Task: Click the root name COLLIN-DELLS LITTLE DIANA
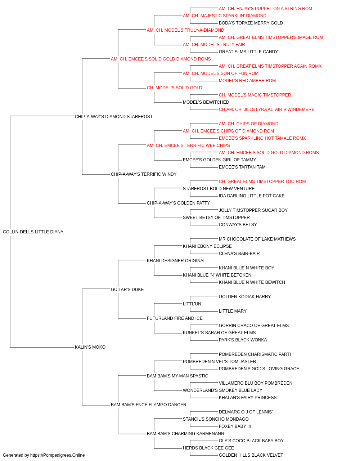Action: click(x=33, y=232)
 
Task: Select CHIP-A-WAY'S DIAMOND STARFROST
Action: click(x=114, y=117)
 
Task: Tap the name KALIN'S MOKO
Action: click(x=90, y=347)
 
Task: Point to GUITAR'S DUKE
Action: click(x=127, y=290)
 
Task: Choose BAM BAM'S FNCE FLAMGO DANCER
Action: click(x=148, y=405)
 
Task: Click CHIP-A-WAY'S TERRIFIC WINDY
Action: click(x=144, y=174)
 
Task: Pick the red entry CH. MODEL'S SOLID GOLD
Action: click(x=175, y=88)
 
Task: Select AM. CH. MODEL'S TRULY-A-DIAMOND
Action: click(x=185, y=30)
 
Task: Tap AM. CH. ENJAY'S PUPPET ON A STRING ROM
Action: click(x=265, y=9)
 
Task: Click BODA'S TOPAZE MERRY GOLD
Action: click(x=251, y=23)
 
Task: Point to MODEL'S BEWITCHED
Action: click(x=206, y=102)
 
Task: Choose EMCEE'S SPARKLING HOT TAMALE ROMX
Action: click(x=262, y=138)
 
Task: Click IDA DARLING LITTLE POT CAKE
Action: click(x=252, y=196)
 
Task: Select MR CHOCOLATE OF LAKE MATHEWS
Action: click(x=257, y=239)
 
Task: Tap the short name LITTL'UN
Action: click(x=192, y=304)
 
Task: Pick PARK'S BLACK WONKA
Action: click(x=243, y=340)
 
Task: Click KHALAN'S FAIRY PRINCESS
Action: click(x=248, y=398)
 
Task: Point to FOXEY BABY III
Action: click(x=235, y=426)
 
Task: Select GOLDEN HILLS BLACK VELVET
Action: click(x=251, y=455)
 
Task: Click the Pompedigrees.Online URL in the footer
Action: click(x=58, y=455)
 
